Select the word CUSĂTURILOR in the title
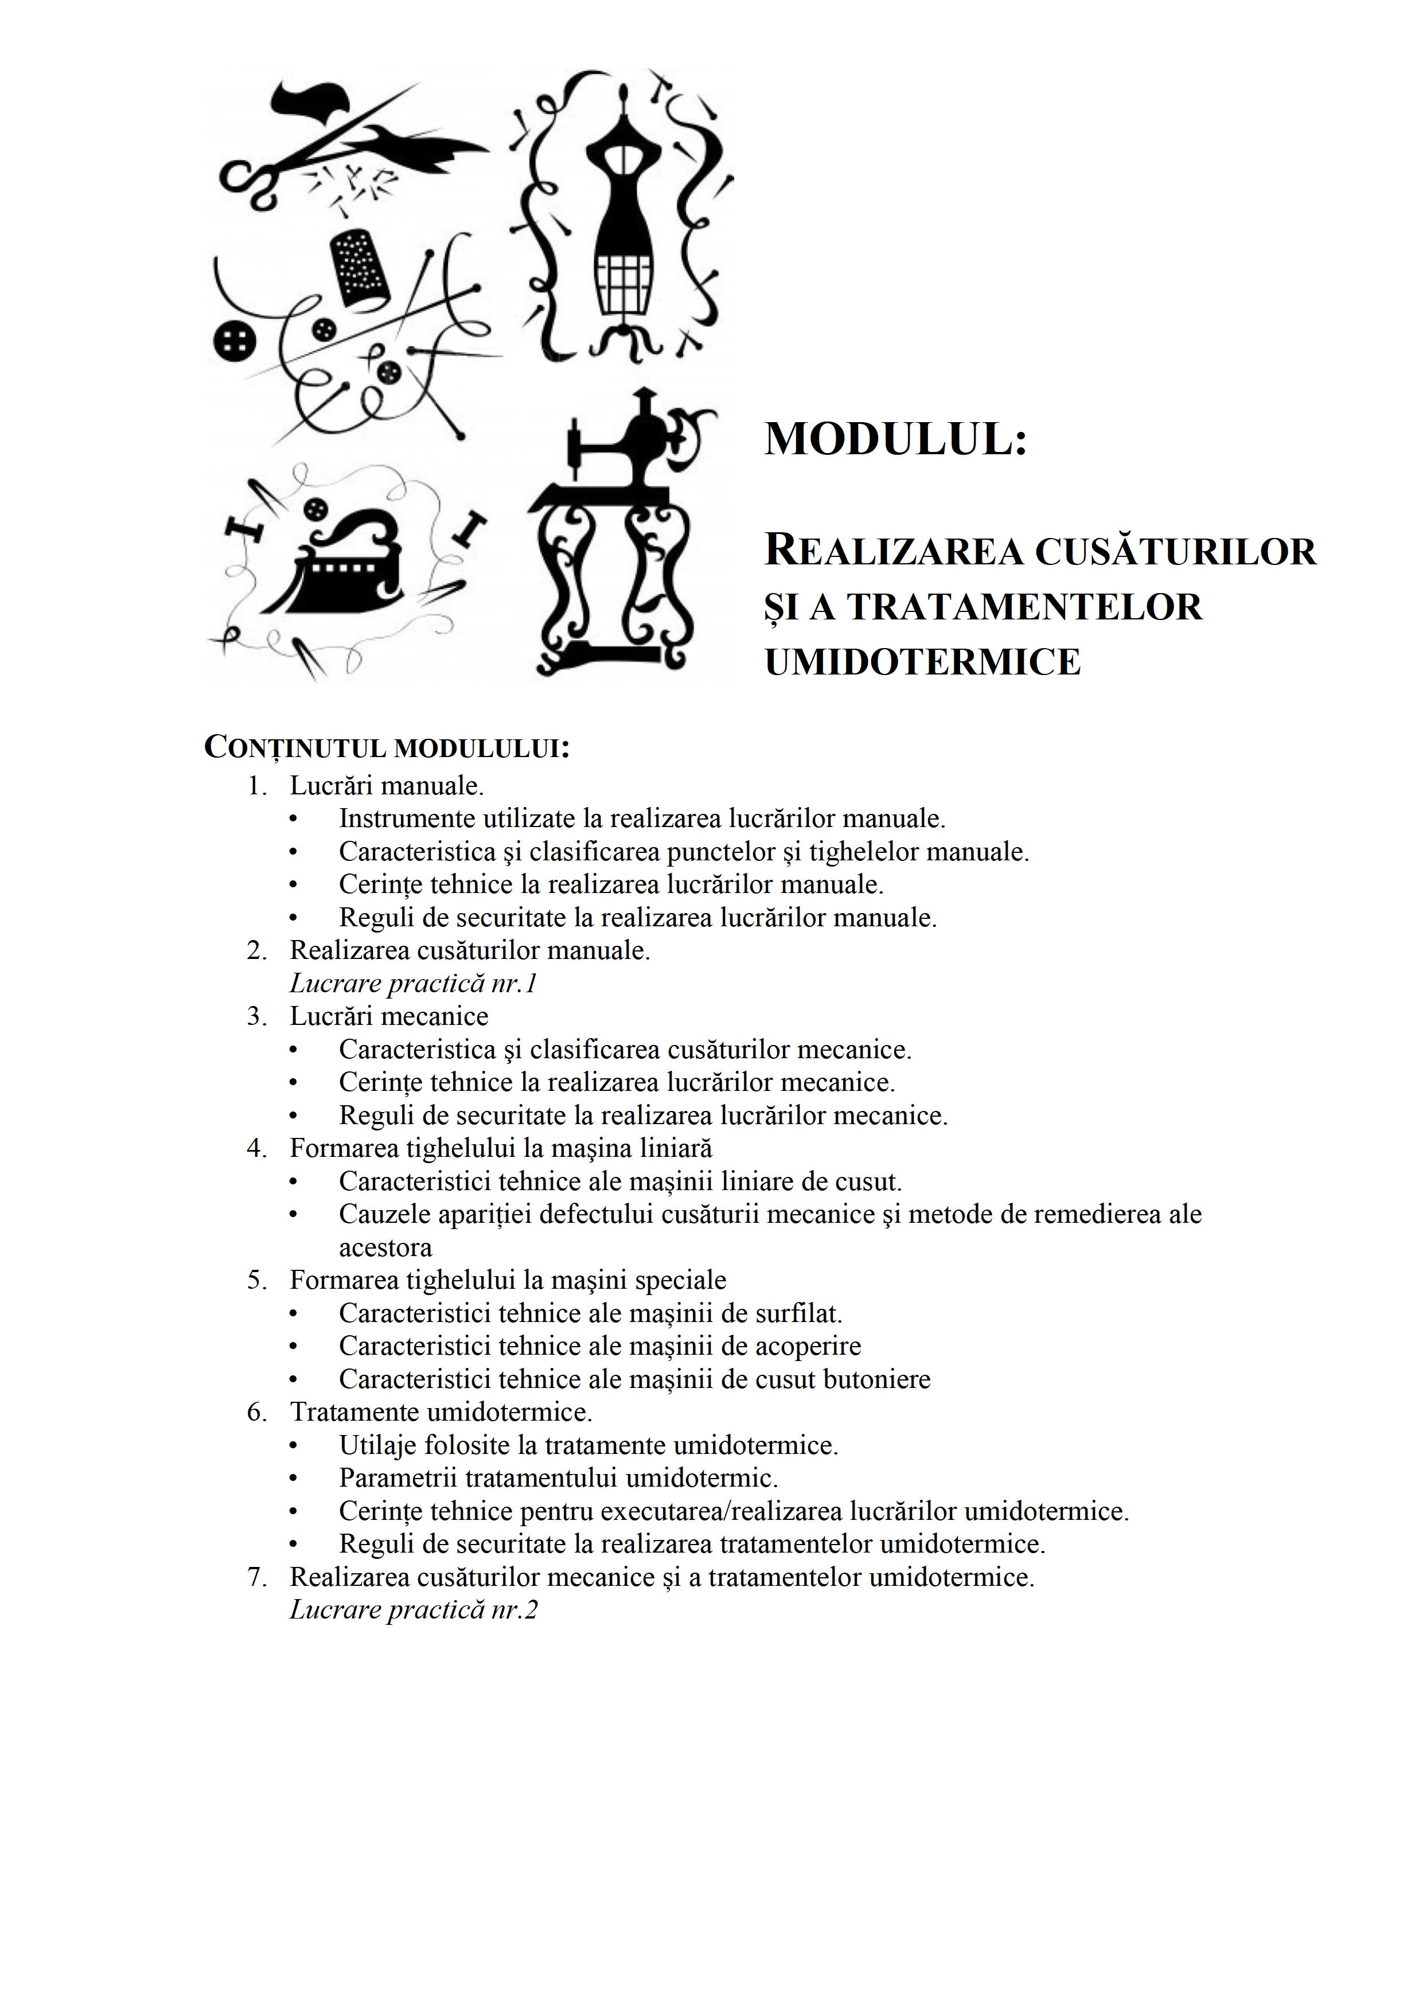pyautogui.click(x=1176, y=552)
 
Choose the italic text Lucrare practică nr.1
pyautogui.click(x=413, y=983)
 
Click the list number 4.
pyautogui.click(x=256, y=1148)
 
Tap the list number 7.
pyautogui.click(x=256, y=1577)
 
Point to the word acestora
pyautogui.click(x=385, y=1247)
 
